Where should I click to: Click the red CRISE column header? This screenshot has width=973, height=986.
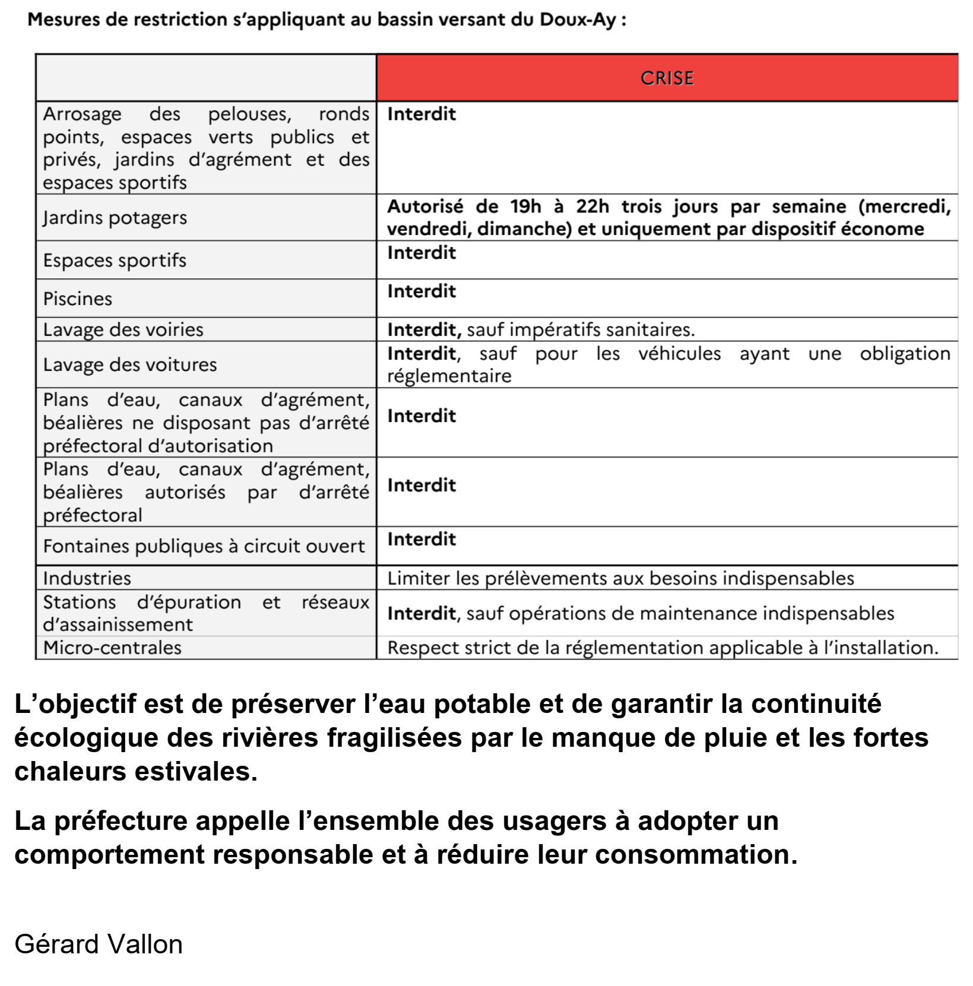coord(667,78)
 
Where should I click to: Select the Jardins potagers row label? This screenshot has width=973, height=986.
coord(115,218)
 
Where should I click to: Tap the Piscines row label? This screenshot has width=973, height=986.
coord(78,299)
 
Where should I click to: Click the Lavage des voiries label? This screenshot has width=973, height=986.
coord(123,329)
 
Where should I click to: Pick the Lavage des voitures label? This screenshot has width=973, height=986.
coord(130,364)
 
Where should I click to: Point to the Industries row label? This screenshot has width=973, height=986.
coord(87,578)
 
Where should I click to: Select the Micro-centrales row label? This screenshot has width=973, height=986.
coord(112,648)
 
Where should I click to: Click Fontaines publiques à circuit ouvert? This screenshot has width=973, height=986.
coord(204,546)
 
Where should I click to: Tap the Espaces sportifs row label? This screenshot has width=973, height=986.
coord(115,260)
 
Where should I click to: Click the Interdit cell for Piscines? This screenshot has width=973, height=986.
coord(421,291)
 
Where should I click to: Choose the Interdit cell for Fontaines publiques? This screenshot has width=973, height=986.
coord(421,540)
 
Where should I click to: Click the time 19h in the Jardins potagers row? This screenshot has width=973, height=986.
coord(525,207)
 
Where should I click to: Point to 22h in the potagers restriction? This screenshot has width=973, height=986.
coord(592,207)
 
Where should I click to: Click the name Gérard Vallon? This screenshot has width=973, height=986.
coord(99,944)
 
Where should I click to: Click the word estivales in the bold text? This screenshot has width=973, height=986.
coord(195,772)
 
